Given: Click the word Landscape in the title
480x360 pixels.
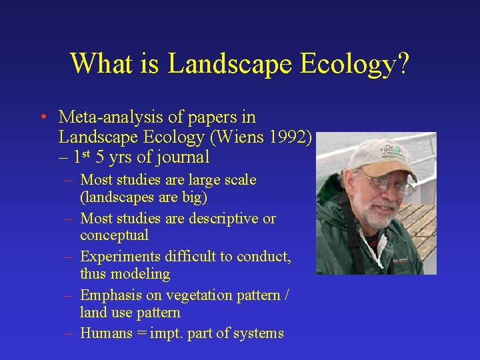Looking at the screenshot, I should [231, 64].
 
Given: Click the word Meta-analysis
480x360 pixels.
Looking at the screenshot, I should [111, 117].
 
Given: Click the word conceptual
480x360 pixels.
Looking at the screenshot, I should [114, 235].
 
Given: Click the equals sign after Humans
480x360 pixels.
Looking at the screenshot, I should [140, 333].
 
